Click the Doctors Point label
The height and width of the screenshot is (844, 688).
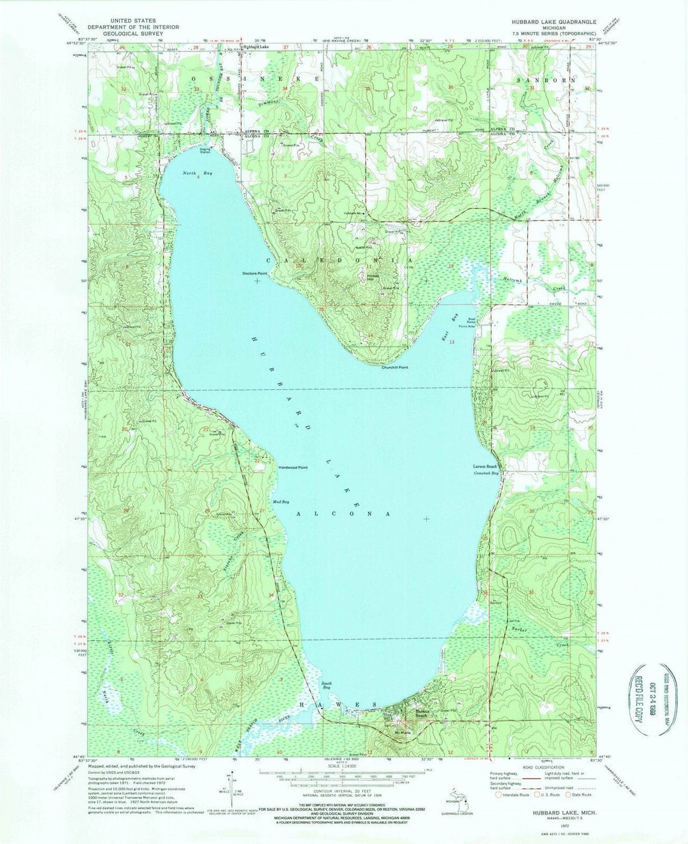click(x=254, y=273)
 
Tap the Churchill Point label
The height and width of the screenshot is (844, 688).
click(x=394, y=368)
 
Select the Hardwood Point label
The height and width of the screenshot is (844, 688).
click(x=292, y=468)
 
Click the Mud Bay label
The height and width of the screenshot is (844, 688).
click(x=281, y=502)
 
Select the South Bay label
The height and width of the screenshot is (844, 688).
click(x=326, y=686)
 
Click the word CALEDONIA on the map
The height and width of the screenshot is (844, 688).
click(x=338, y=261)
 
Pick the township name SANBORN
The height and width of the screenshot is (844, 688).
click(x=546, y=80)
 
